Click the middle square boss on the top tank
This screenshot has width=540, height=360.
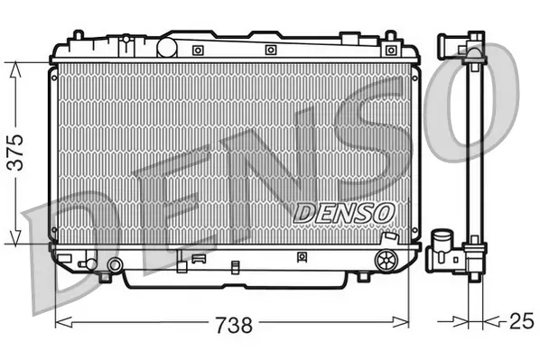[x=271, y=50]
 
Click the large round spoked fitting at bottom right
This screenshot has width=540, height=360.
[x=386, y=261]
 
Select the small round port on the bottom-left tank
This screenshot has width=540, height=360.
[x=114, y=264]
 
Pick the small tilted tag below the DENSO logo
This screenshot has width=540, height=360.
[x=389, y=236]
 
